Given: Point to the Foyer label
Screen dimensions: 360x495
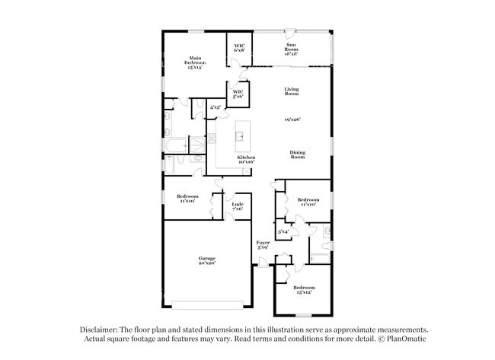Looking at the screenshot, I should [x=263, y=242].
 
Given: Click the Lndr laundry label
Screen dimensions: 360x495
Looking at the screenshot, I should [x=238, y=204].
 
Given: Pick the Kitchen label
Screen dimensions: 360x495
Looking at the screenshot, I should [x=245, y=157].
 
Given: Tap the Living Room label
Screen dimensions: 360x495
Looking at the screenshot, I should [x=292, y=91].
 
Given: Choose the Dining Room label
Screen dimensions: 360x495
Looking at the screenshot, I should [x=298, y=155].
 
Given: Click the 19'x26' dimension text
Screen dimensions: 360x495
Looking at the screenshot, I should [x=292, y=119].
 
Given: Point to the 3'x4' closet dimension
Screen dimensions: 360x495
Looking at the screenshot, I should [x=283, y=231].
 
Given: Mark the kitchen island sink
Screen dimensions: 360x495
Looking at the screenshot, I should [x=238, y=137].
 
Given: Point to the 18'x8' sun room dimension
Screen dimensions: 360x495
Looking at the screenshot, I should [x=291, y=54].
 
